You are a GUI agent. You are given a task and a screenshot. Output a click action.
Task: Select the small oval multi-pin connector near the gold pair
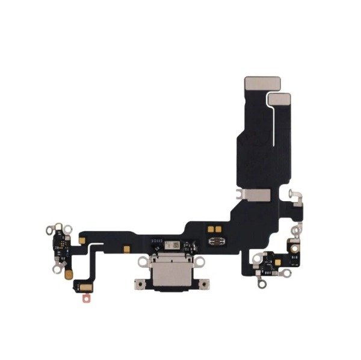coord(214,242)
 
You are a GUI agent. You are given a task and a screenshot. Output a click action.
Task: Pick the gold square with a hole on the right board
coord(296,244)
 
